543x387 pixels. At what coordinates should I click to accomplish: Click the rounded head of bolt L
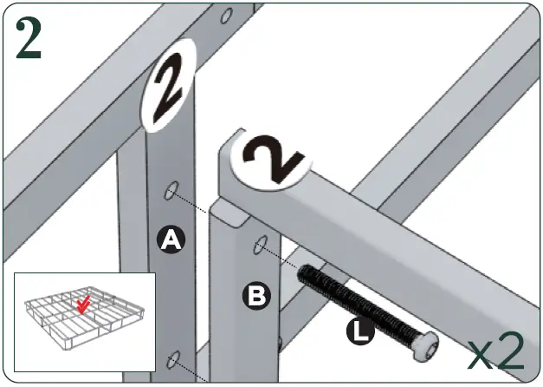(x=425, y=347)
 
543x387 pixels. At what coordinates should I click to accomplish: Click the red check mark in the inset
(x=84, y=305)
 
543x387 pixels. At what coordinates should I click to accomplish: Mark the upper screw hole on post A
(x=172, y=189)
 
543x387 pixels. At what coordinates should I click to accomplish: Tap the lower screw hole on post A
(x=173, y=357)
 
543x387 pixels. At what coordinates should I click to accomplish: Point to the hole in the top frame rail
(x=227, y=16)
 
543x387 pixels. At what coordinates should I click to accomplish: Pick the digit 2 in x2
(x=511, y=351)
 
